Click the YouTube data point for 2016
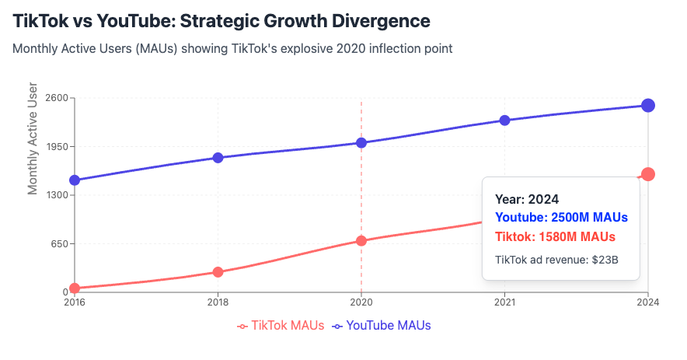(x=75, y=180)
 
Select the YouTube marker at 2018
(x=218, y=158)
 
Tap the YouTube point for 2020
(x=361, y=142)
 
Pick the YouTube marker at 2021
(x=504, y=121)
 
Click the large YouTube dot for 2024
(x=648, y=106)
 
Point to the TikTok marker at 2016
(x=75, y=288)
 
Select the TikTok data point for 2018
(x=218, y=272)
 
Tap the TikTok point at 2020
(x=361, y=241)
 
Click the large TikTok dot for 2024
(x=648, y=174)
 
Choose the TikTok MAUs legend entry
(x=281, y=326)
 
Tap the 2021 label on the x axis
(x=504, y=302)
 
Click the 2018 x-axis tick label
(x=218, y=302)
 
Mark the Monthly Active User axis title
(x=33, y=138)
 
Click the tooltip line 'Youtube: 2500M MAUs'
(x=561, y=217)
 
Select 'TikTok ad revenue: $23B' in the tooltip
(x=556, y=259)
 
